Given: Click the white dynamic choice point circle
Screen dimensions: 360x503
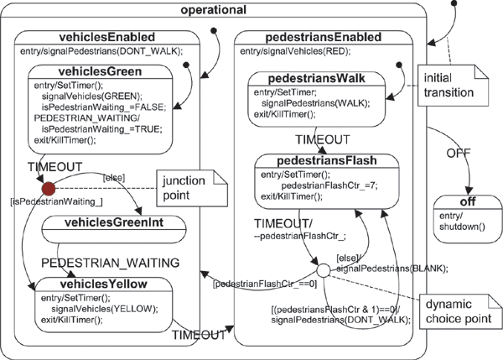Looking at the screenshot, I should [321, 270].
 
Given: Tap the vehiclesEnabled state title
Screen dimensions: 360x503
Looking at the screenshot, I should [106, 38].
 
